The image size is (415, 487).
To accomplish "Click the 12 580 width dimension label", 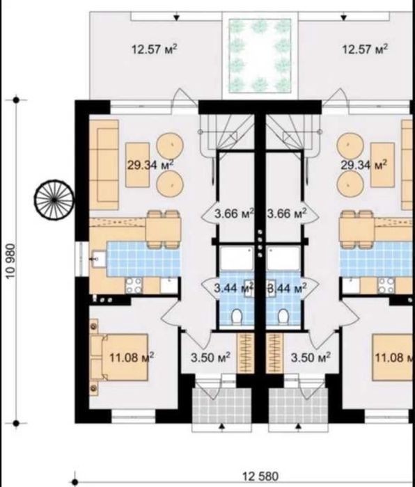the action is click(260, 476).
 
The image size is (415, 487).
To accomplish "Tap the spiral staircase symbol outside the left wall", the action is click(54, 200).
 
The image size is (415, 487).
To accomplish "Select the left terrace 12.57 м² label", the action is click(155, 49).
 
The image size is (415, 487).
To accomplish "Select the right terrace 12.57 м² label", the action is click(365, 49).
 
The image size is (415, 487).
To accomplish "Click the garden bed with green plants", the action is click(260, 56).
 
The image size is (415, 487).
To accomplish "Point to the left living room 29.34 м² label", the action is click(150, 165).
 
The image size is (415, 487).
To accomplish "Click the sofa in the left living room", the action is click(104, 165).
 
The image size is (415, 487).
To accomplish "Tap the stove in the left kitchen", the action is click(134, 285).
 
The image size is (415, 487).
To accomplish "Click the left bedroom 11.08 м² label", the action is click(132, 357).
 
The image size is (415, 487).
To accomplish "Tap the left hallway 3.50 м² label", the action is click(210, 357).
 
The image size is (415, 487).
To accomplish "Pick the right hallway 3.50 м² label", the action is click(311, 357).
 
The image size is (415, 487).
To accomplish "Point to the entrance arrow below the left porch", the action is click(222, 427).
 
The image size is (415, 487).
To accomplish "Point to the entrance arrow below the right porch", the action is click(299, 427).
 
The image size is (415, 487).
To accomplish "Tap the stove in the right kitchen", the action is click(386, 285).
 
